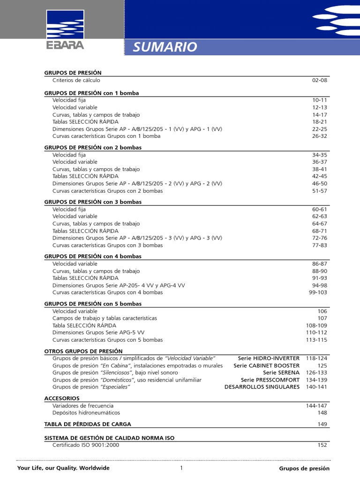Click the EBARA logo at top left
coord(65,31)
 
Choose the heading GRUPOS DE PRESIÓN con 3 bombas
coord(93,202)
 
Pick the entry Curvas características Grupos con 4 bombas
coord(107,292)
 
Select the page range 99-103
coord(318,292)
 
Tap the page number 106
coord(322,311)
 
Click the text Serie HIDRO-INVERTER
coord(269,358)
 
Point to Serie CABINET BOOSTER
coord(266,366)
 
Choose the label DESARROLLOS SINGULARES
coord(262,387)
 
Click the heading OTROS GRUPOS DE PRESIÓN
coord(83,351)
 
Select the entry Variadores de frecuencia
coord(83,405)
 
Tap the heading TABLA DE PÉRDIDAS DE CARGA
coord(88,424)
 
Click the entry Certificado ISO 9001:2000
coord(86,445)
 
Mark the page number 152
coord(322,445)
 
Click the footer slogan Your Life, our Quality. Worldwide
coord(63,468)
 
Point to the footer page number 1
coord(181,468)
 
